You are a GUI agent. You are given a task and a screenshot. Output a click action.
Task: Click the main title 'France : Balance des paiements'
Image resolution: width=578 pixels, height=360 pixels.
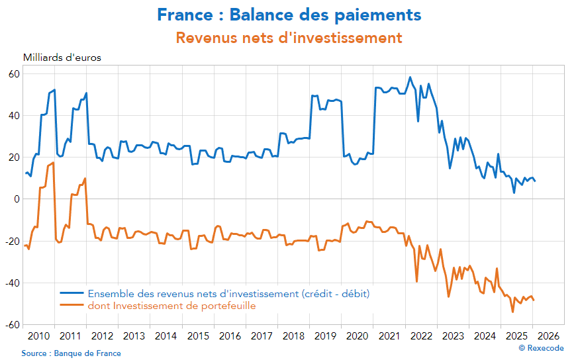pos(289,14)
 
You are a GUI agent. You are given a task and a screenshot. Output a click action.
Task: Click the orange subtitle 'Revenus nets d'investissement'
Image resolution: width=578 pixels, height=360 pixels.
pos(289,38)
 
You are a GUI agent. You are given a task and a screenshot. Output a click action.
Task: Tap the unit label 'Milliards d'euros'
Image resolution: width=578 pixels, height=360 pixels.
pos(62,58)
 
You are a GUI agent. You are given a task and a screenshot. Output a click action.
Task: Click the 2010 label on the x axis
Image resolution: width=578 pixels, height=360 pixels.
pos(38,336)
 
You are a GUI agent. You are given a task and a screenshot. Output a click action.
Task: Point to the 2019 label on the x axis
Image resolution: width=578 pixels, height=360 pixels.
pos(325,336)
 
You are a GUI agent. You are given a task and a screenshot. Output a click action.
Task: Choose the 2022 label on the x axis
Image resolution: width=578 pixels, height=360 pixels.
pos(421,336)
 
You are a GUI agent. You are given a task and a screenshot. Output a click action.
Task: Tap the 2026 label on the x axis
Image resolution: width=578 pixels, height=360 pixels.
pos(548,336)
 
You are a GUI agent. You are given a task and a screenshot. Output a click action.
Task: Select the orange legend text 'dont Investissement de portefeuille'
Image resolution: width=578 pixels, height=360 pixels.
pos(171,306)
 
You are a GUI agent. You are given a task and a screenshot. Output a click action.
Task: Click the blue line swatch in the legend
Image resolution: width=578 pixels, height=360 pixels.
pos(72,293)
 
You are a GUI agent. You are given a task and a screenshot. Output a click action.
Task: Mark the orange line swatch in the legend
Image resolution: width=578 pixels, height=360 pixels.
pos(72,305)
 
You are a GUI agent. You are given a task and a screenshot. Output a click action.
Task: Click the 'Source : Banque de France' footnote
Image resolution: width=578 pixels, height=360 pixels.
pos(71,353)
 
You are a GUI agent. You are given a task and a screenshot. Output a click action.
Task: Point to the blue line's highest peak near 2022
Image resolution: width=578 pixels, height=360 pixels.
pos(410,77)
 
